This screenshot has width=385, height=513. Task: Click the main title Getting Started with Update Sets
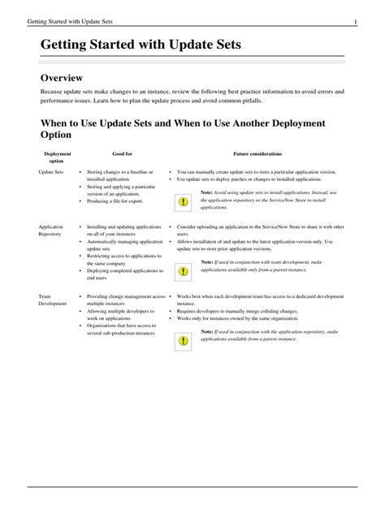[x=141, y=47]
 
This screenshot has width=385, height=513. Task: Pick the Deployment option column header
[x=58, y=157]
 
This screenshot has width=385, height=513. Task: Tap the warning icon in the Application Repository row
[x=184, y=269]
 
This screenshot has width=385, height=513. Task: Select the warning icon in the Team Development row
[x=184, y=340]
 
